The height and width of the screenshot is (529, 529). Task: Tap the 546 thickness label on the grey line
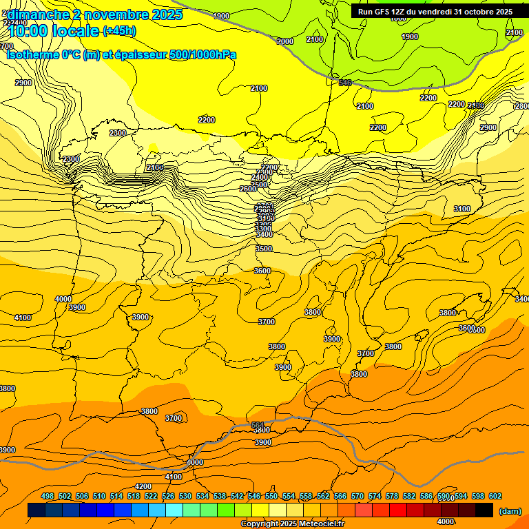345,83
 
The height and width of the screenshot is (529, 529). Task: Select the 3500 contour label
263,249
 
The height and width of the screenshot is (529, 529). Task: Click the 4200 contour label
143,486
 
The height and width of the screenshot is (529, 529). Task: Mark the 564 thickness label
258,425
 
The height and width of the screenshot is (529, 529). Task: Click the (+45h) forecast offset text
119,31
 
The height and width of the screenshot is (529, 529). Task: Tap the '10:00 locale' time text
54,30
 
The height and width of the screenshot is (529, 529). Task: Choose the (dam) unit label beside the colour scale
510,511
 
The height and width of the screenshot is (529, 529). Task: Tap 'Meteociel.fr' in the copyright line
322,524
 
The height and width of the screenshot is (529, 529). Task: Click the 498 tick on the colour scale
48,496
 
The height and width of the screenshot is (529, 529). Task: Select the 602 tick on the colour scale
495,496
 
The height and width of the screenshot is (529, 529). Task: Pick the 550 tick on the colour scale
271,496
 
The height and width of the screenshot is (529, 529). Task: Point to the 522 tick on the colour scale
151,496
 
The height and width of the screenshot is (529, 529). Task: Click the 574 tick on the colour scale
375,496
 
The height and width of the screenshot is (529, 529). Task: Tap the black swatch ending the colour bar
484,510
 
